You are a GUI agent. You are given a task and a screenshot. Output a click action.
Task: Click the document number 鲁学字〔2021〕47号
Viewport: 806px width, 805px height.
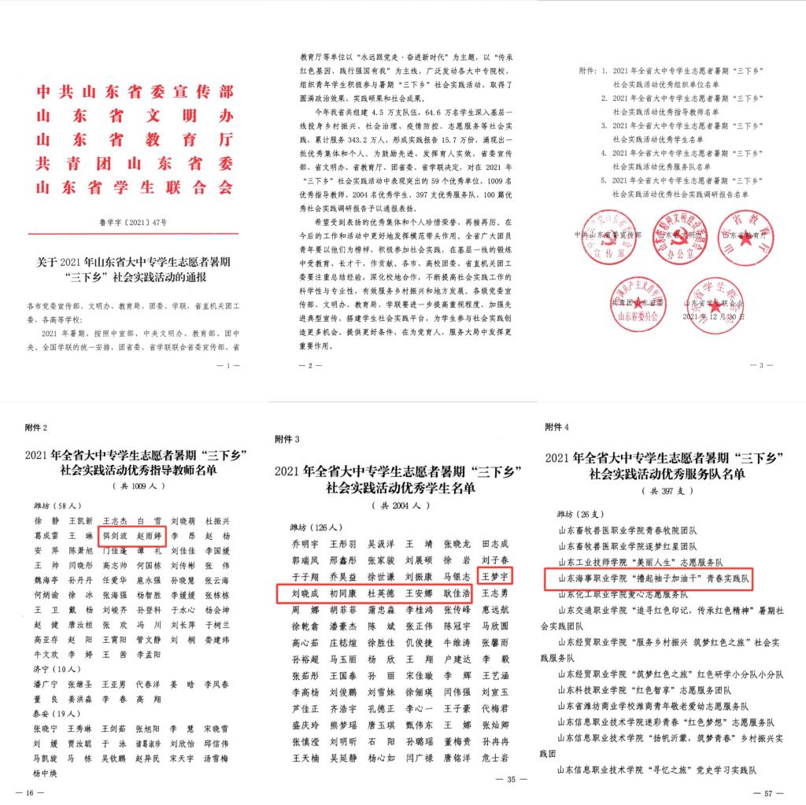click(x=135, y=223)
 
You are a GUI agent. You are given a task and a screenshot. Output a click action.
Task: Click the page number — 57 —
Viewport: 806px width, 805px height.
click(x=767, y=790)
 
